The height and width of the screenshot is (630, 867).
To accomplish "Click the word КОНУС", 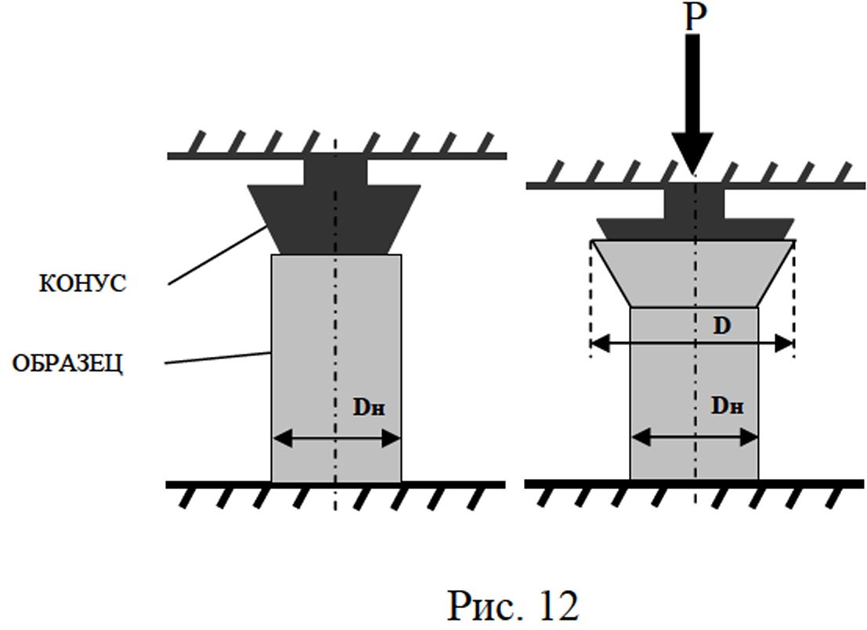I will pyautogui.click(x=82, y=283).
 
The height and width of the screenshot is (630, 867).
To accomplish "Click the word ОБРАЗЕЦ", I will pyautogui.click(x=68, y=364).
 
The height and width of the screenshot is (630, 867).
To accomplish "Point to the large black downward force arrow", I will pyautogui.click(x=693, y=102).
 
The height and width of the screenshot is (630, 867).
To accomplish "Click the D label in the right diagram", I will pyautogui.click(x=721, y=326).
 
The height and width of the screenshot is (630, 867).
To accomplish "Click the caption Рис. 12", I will pyautogui.click(x=512, y=604).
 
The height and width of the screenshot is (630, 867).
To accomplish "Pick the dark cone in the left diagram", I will pyautogui.click(x=334, y=219).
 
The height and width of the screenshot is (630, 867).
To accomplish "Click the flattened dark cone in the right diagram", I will pyautogui.click(x=694, y=229).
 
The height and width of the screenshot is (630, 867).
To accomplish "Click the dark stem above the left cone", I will pyautogui.click(x=334, y=171).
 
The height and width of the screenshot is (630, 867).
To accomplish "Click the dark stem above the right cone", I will pyautogui.click(x=694, y=202).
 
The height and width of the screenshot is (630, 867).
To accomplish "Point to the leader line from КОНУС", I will pyautogui.click(x=215, y=255).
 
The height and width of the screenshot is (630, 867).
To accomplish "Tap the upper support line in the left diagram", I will pyautogui.click(x=235, y=156).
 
